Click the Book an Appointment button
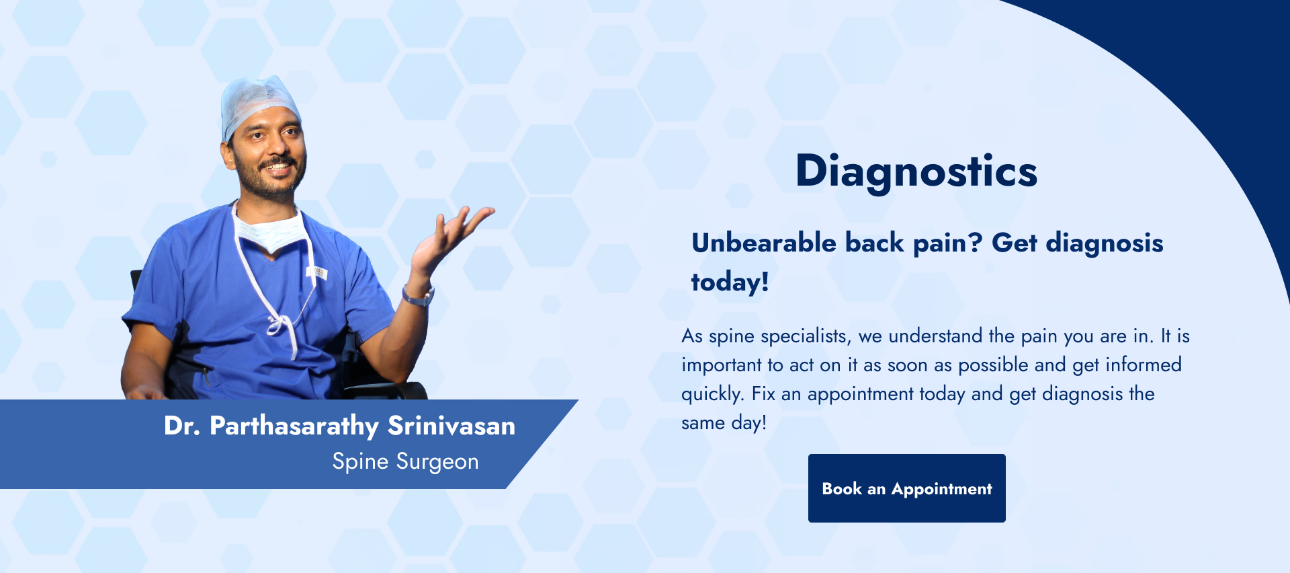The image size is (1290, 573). coord(906,488)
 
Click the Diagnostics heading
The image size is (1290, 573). coord(916,171)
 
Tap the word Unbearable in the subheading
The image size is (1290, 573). coord(764,243)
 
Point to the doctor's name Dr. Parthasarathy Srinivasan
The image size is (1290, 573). coord(339,426)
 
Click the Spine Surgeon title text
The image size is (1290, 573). coord(405,462)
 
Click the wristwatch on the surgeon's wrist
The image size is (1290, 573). coord(419,296)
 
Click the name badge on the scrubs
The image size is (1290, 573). coord(317,272)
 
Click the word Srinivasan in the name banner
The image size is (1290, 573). coord(451,426)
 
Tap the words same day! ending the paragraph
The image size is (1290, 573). coord(724,423)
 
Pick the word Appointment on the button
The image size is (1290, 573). coord(941,490)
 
